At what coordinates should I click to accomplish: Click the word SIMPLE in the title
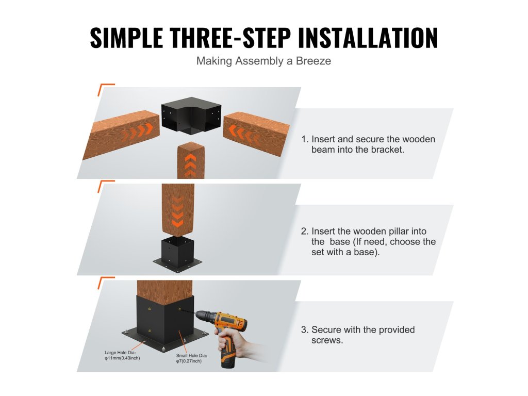(x=127, y=37)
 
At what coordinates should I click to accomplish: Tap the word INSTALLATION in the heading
(x=368, y=37)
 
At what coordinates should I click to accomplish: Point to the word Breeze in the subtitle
(x=313, y=61)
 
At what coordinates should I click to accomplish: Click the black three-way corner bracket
(x=191, y=115)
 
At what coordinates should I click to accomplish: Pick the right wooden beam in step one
(x=256, y=134)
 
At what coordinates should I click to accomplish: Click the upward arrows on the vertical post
(x=190, y=165)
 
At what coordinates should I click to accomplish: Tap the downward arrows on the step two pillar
(x=177, y=212)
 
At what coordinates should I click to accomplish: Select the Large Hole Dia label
(x=122, y=355)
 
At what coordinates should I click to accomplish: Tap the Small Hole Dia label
(x=191, y=358)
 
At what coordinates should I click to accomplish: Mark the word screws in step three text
(x=326, y=340)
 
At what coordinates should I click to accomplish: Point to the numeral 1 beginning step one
(x=304, y=139)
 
